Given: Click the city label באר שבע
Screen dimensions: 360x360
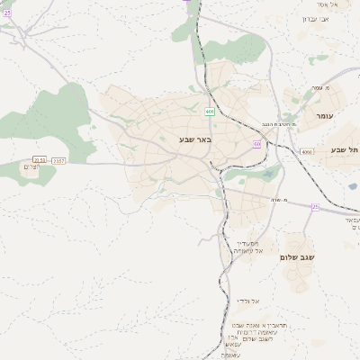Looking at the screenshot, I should coord(195,140).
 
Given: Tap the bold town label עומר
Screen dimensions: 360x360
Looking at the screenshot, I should coord(324,116).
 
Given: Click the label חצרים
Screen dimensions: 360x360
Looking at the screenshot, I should coord(33,167).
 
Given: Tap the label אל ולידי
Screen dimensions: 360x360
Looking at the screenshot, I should coord(248,301).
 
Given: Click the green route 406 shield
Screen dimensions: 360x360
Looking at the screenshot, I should coord(210,112).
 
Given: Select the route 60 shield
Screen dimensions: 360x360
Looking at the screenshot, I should coord(257,143).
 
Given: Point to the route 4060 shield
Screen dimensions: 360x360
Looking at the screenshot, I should coord(306,152).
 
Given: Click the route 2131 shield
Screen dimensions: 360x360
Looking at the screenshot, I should coord(39,159).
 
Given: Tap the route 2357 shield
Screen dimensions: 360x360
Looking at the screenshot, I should coord(58,160).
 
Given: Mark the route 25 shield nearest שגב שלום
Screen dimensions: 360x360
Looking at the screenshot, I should coord(315,207).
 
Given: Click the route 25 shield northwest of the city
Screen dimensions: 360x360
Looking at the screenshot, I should coord(7,13).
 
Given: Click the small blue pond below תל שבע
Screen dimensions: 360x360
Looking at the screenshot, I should coord(353,186).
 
